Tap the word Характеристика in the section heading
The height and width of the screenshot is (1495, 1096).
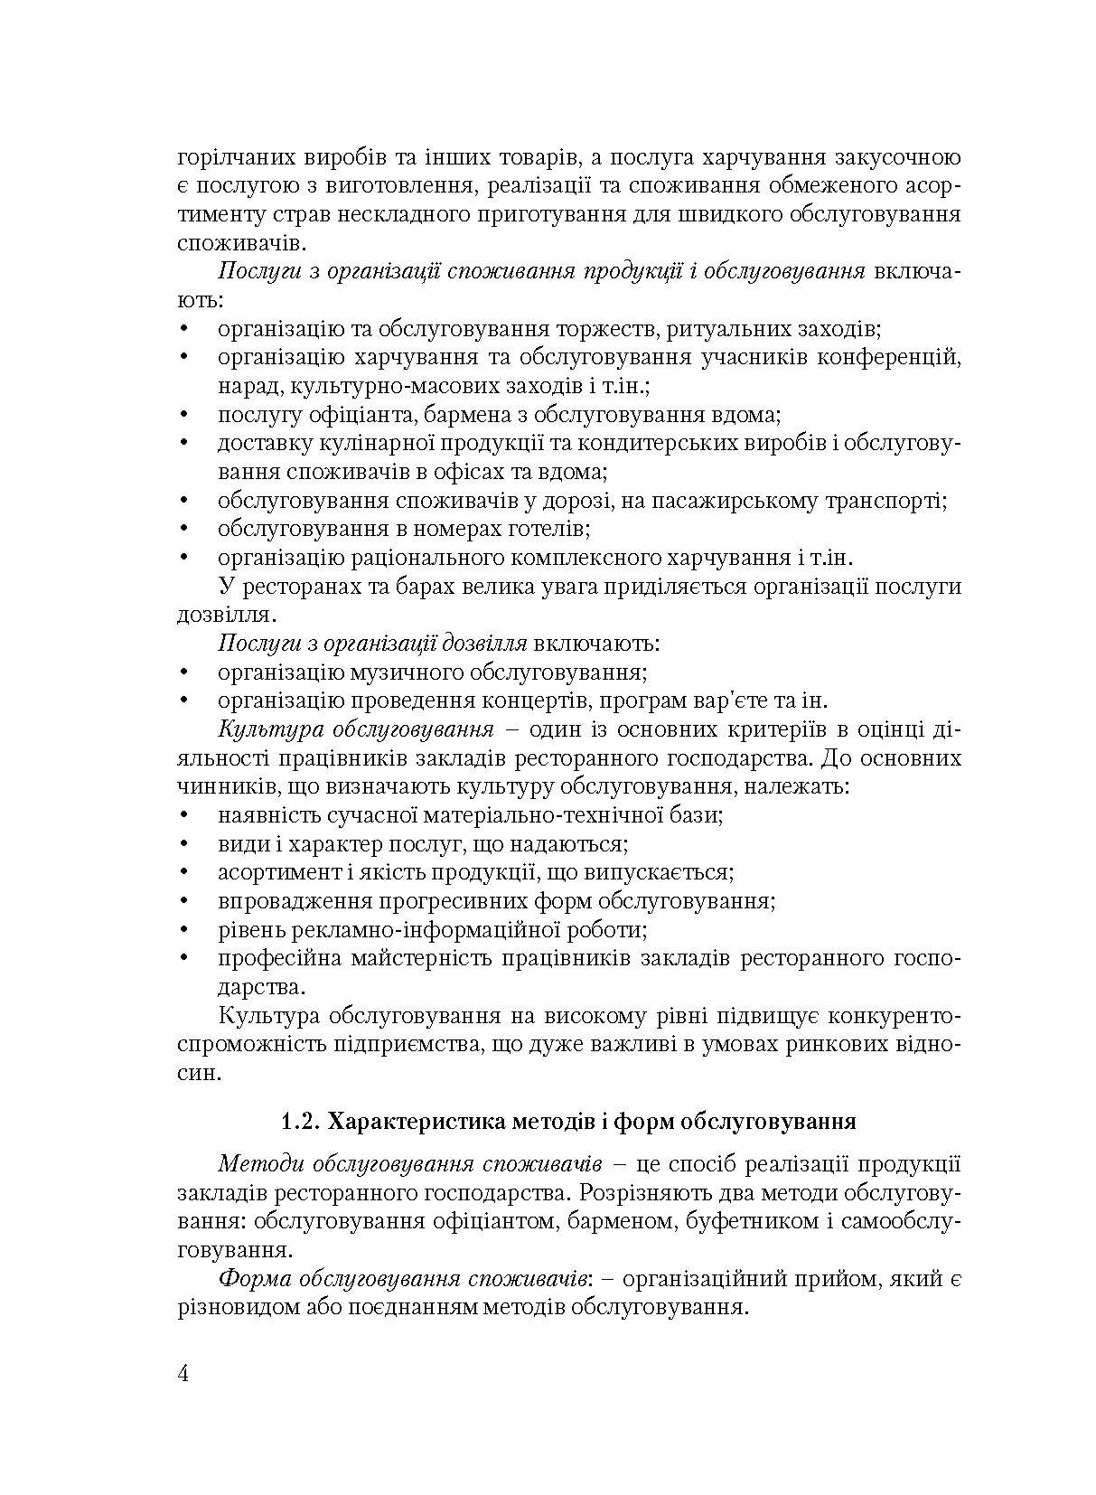coord(413,1123)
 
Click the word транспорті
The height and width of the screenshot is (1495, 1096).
coord(886,501)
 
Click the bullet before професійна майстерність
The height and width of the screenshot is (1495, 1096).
coord(183,958)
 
